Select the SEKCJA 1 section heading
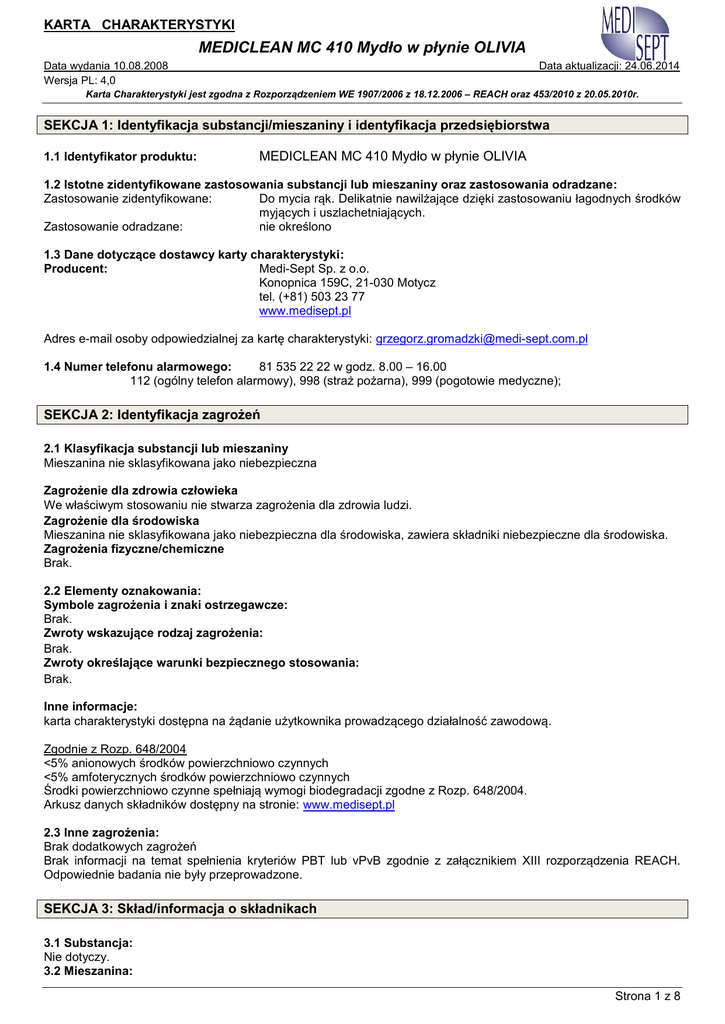click(x=298, y=125)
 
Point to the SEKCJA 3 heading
click(x=181, y=909)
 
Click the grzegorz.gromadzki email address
click(x=481, y=339)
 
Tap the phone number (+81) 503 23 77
click(x=312, y=297)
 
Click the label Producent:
click(x=76, y=269)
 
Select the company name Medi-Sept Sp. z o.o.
click(x=314, y=269)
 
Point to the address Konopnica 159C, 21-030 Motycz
click(x=347, y=283)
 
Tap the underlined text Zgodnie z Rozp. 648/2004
click(x=115, y=749)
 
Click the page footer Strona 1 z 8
click(x=647, y=996)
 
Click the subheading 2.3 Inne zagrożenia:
click(x=101, y=832)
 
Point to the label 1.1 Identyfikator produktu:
click(x=120, y=157)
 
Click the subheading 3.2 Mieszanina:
click(x=88, y=971)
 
